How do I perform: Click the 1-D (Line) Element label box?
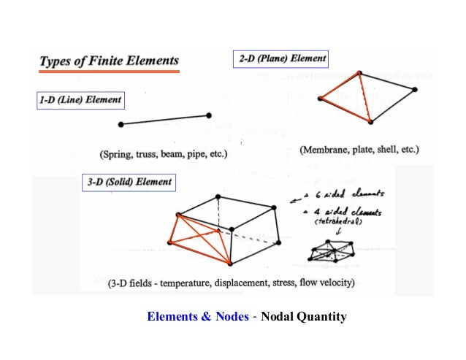point(80,100)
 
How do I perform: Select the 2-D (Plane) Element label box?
point(282,58)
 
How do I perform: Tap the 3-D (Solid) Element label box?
point(129,182)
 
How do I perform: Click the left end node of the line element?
point(121,125)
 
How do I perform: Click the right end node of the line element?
point(209,115)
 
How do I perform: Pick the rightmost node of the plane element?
point(415,90)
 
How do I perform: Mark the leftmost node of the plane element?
point(319,97)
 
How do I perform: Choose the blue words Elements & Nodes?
point(191,317)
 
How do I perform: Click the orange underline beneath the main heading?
point(108,72)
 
